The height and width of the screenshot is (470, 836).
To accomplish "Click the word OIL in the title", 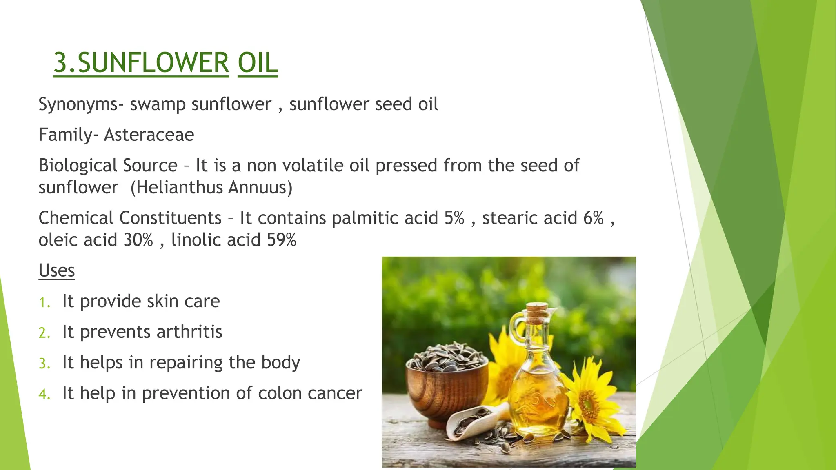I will pos(258,63).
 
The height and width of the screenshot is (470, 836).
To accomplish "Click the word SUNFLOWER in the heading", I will pos(153,63).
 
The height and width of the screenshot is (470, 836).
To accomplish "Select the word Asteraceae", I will pos(149,135).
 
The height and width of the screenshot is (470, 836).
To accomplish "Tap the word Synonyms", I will pos(78,104).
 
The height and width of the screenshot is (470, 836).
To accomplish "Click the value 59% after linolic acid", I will pos(281,239).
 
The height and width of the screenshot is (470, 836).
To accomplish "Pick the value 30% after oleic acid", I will pos(138,239).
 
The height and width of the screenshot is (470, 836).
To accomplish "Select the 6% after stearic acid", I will pos(593,217).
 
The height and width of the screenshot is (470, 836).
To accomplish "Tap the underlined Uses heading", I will pos(57,270).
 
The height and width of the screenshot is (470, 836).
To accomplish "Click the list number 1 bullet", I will pos(44,302).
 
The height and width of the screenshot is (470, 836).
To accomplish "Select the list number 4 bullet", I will pos(44,394).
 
